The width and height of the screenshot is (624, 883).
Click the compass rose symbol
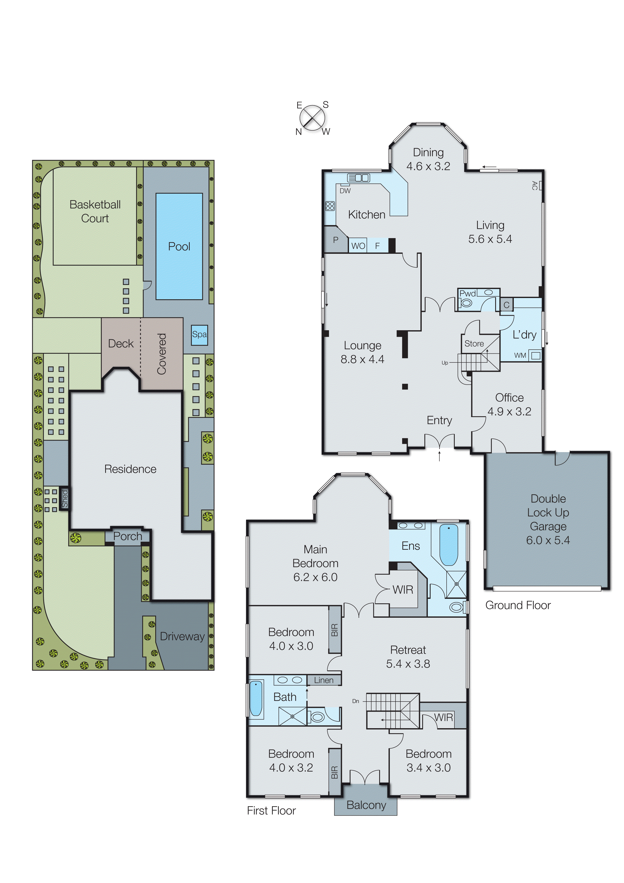[312, 118]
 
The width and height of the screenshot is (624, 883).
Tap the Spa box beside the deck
[199, 334]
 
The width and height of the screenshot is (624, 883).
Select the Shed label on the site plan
[65, 499]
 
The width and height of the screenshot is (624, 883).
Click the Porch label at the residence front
[128, 536]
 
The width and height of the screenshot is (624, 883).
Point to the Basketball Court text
[95, 211]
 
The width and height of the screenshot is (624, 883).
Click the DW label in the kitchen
[345, 191]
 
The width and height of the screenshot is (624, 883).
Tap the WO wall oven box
[358, 246]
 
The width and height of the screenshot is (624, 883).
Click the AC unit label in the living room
[534, 185]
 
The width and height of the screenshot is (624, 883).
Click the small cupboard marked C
[506, 305]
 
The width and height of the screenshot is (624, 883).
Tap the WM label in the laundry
[520, 355]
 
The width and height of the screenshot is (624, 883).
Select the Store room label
[474, 343]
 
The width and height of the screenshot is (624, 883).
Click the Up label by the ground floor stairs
[445, 363]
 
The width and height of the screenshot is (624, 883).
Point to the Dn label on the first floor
[356, 701]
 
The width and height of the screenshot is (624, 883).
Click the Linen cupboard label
[324, 680]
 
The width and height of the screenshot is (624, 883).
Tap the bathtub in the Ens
[448, 545]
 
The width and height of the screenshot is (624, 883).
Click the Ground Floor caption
[518, 605]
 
